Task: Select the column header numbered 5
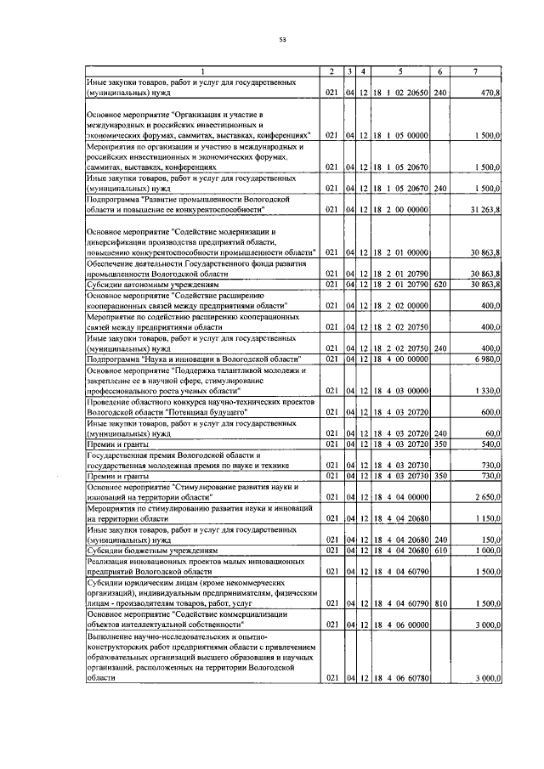click(x=400, y=71)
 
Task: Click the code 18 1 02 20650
click(x=400, y=91)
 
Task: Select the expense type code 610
click(x=439, y=550)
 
